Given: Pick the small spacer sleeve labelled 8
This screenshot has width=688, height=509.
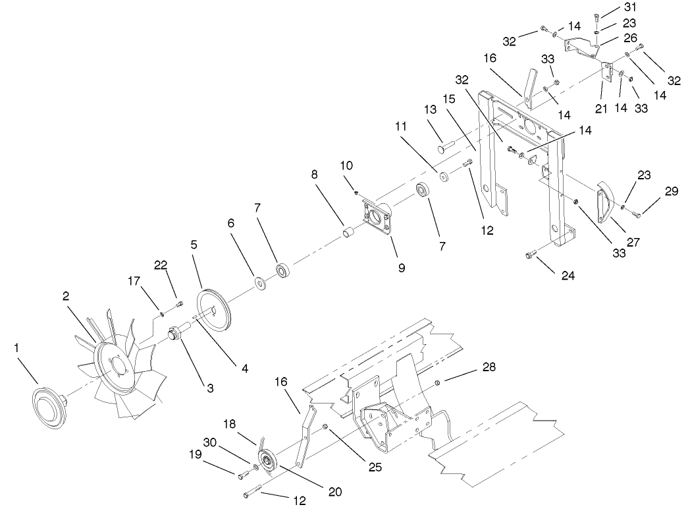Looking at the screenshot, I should tap(348, 232).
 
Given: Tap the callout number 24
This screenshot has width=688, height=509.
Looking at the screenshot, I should tap(568, 275).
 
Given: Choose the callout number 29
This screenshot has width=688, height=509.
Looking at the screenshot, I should tap(671, 191).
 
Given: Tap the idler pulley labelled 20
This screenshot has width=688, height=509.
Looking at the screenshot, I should tap(267, 462).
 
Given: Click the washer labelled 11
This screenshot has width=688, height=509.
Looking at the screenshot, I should tap(444, 177).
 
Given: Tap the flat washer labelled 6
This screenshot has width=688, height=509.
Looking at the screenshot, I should tap(261, 285).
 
